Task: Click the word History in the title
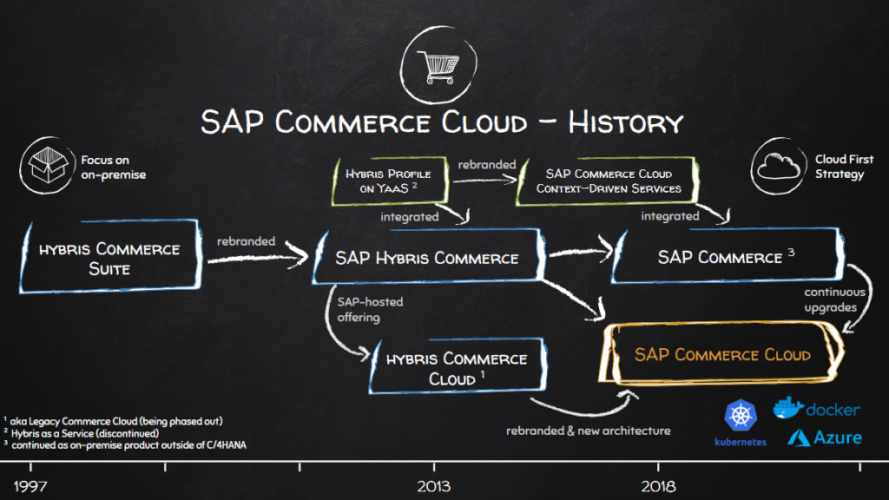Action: (625, 122)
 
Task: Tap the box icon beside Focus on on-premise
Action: (48, 167)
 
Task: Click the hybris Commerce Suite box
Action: (109, 259)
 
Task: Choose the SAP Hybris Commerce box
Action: (426, 258)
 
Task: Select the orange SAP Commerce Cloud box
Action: (722, 355)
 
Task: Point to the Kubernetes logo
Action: (741, 421)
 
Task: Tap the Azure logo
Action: (824, 437)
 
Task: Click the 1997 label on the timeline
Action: (25, 485)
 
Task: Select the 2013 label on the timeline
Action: (433, 485)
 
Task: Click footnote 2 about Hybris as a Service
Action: (82, 433)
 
